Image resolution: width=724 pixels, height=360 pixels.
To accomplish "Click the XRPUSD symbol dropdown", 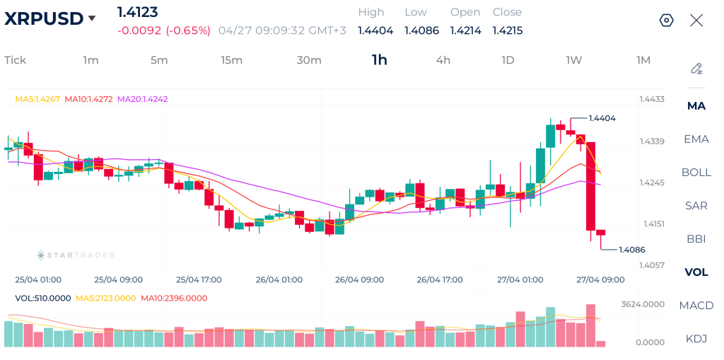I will tap(50, 19).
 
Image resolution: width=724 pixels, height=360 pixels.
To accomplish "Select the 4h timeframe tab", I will tap(443, 60).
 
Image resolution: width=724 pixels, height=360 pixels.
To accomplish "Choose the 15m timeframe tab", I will tap(231, 60).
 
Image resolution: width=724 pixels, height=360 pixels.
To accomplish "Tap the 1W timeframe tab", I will tap(573, 60).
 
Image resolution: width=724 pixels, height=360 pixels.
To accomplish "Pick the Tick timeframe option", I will tap(15, 60).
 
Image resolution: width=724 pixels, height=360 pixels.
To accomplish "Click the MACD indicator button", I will tap(696, 306).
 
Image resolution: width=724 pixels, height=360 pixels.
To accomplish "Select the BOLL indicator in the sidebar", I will tap(696, 173).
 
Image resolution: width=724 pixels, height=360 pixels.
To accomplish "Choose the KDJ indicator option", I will tap(696, 339).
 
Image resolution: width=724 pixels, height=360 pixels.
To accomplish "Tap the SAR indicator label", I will tap(696, 206).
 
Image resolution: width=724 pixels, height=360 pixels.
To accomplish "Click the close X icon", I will tap(696, 21).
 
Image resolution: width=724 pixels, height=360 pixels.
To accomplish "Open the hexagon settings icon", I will tap(666, 21).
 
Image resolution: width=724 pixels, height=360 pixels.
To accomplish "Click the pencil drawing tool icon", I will tap(696, 69).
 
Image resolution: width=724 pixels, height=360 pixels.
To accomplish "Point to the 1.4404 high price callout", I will tap(602, 119).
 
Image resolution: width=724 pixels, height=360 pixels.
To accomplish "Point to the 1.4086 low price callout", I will tap(631, 250).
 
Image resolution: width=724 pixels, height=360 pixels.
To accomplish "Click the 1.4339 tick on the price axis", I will tap(652, 142).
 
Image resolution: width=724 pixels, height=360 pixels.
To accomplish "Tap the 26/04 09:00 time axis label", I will tap(359, 280).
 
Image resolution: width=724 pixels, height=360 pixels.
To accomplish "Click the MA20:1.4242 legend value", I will tap(142, 99).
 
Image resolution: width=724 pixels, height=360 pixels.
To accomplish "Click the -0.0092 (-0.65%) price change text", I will tap(164, 30).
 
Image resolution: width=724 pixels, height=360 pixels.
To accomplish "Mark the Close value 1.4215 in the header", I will tap(507, 30).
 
